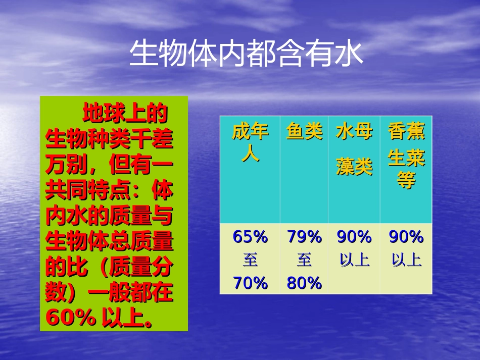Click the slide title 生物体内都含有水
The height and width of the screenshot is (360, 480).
click(246, 54)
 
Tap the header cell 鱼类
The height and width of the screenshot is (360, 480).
click(304, 132)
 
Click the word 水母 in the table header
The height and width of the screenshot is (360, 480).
click(354, 132)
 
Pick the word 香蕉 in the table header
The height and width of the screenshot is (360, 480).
click(406, 132)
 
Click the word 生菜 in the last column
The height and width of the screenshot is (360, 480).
click(406, 159)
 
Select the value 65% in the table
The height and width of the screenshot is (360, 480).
click(250, 236)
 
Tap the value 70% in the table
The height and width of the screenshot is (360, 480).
click(250, 284)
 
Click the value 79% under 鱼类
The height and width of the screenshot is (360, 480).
click(304, 236)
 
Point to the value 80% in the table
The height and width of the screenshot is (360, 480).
click(304, 284)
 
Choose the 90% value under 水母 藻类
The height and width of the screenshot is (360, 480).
click(354, 236)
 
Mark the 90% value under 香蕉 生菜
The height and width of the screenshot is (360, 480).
click(406, 236)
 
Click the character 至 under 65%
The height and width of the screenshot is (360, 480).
click(250, 261)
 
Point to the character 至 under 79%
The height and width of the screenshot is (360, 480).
click(304, 261)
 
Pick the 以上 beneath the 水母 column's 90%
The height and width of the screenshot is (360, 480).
click(354, 261)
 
